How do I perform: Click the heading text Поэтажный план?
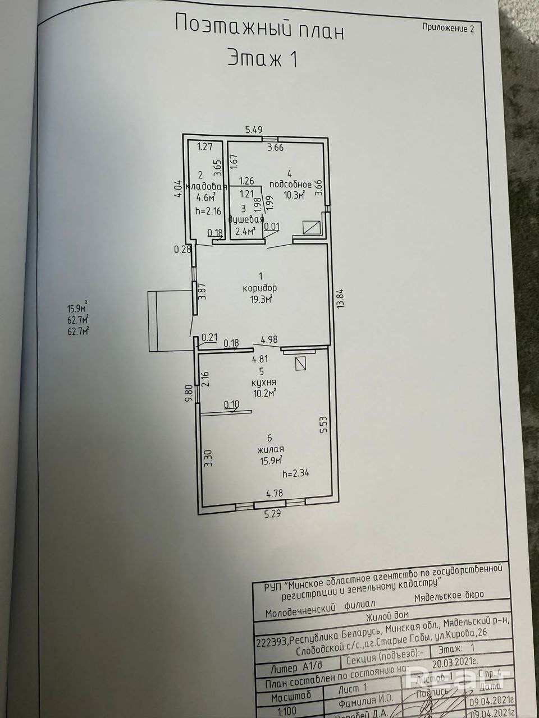point(259,26)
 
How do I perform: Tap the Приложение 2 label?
point(447,29)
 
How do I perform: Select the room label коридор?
point(261,288)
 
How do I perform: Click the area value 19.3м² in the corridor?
point(262,300)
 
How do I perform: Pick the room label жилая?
point(271,449)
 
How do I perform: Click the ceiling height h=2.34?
point(296,473)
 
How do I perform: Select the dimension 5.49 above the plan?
point(254,130)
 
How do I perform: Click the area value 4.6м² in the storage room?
point(207,197)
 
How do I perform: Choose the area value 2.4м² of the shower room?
point(245,230)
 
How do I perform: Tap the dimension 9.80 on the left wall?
point(189,392)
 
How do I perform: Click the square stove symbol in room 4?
point(312,228)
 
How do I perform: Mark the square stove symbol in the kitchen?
point(302,363)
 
